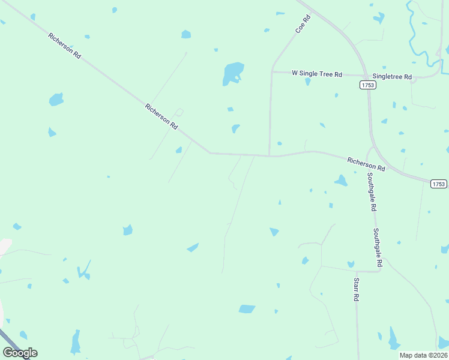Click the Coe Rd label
pos(303,23)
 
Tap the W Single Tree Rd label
pos(316,74)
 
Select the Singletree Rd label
pos(392,77)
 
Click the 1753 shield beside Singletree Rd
pos(368,85)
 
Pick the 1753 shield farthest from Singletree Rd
pos(438,184)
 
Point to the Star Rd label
pos(356,289)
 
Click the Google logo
pos(20,353)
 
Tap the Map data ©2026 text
pos(423,355)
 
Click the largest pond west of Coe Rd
pos(233,73)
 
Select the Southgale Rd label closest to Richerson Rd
pos(372,192)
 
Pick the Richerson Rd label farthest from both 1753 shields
pos(65,46)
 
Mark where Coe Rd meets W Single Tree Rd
pos(272,72)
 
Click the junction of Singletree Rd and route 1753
pos(366,76)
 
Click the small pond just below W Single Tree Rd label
pos(308,82)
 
